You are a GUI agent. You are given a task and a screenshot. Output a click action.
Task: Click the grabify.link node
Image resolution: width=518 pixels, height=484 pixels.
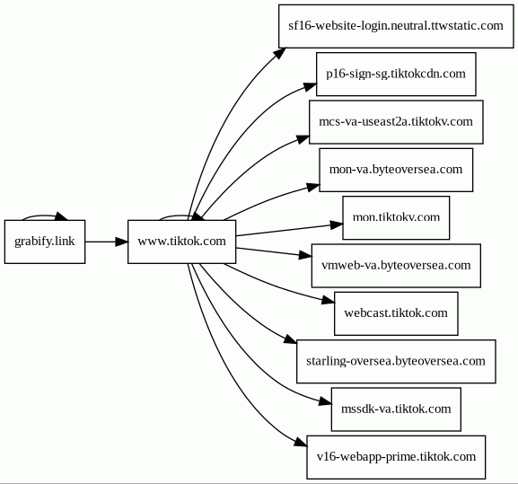(x=45, y=242)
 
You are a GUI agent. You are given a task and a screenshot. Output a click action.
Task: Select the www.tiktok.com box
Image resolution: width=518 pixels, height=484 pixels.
(x=181, y=242)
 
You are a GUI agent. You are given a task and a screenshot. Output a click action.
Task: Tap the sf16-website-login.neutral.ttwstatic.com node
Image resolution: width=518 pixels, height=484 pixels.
(x=396, y=26)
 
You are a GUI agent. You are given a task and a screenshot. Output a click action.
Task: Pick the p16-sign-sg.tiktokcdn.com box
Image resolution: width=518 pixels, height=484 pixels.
(x=396, y=74)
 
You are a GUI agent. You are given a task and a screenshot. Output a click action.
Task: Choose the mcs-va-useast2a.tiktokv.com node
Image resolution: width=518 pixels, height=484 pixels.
(x=396, y=122)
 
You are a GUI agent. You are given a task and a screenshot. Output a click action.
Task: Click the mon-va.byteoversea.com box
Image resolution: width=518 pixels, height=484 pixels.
(x=396, y=170)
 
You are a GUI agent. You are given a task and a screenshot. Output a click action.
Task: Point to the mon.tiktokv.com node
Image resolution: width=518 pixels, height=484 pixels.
(x=396, y=217)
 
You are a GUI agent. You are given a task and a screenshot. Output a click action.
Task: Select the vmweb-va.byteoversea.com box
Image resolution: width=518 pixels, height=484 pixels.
(x=396, y=266)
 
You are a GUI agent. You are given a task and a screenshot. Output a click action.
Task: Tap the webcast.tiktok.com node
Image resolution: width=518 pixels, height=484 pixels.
(x=396, y=313)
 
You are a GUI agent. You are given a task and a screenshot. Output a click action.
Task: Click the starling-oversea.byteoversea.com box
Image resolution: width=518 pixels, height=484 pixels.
(x=396, y=362)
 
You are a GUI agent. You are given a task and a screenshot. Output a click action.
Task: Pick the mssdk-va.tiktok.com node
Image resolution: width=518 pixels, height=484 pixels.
(x=396, y=409)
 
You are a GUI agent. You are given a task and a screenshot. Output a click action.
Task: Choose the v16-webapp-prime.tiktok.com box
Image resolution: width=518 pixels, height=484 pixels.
(x=396, y=457)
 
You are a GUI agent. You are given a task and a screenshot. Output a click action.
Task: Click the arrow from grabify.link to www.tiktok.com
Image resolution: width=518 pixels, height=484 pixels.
(x=106, y=242)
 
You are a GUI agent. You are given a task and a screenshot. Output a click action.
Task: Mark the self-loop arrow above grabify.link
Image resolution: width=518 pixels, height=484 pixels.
(x=43, y=216)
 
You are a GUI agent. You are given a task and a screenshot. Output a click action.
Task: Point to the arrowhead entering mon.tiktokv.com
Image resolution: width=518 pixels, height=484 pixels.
(x=337, y=224)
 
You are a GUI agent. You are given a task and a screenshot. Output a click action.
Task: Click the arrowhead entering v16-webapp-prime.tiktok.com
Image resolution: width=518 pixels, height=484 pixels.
(x=301, y=443)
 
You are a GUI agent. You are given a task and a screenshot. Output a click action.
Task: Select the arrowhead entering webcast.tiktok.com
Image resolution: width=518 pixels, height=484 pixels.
(x=329, y=300)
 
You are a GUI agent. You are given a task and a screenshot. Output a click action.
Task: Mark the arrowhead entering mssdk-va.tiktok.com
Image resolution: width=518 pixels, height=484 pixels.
(x=325, y=401)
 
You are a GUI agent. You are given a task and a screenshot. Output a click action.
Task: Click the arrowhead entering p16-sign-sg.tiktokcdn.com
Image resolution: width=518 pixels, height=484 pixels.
(x=310, y=86)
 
